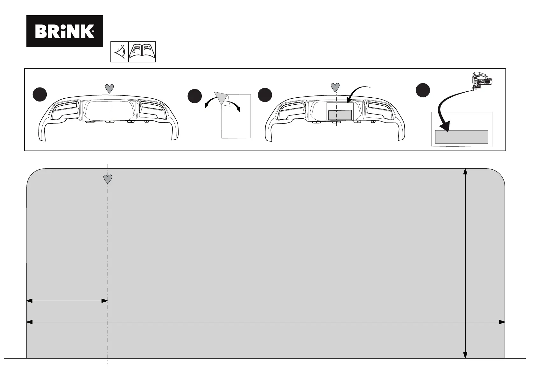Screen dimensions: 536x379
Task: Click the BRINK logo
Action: (x=65, y=31)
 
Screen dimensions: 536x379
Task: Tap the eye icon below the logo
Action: (x=120, y=52)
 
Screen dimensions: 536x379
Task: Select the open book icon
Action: (x=142, y=52)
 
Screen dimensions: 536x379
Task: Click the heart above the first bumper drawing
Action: (x=109, y=88)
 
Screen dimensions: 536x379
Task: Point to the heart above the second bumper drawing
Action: (x=335, y=87)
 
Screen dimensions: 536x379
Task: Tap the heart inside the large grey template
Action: (x=108, y=179)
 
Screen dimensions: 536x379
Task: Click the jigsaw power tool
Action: (x=482, y=80)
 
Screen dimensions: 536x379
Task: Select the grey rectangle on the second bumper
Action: (x=340, y=115)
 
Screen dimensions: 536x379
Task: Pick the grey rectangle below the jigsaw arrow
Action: (x=462, y=137)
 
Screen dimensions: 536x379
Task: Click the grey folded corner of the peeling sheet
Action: (x=221, y=97)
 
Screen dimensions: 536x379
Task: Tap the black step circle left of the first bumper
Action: (x=40, y=95)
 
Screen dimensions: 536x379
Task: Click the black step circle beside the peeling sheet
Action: (x=194, y=96)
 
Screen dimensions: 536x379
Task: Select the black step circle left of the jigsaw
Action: (x=423, y=90)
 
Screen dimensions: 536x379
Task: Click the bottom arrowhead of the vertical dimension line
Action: (x=465, y=355)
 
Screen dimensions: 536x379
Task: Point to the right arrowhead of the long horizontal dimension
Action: (x=502, y=322)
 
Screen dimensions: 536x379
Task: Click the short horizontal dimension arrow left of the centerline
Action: (x=67, y=300)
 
